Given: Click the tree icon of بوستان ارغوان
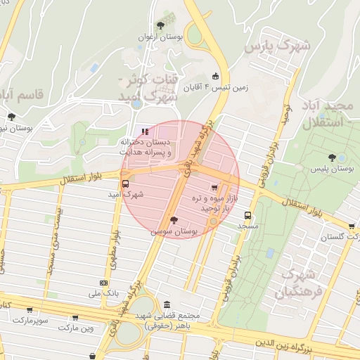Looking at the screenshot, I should coord(161,25).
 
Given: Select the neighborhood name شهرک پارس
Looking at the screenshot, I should coord(277,46).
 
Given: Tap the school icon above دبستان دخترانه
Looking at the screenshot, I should coord(145,131).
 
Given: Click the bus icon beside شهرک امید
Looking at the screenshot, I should coord(125,184).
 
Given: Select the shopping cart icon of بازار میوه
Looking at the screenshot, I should coord(214,188).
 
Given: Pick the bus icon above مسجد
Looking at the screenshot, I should coord(247,216).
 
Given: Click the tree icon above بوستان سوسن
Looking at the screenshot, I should coord(175,219).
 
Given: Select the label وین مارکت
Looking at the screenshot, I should coord(76,328).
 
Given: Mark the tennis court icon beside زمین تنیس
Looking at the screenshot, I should coord(215,77).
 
